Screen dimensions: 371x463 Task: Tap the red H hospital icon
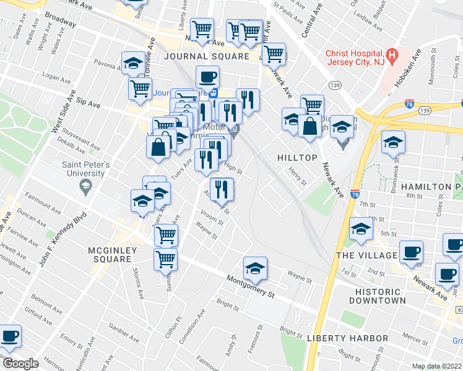(x=391, y=54)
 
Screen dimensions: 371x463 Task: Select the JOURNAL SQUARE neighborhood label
(x=207, y=56)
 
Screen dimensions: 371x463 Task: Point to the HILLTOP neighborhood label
(x=297, y=158)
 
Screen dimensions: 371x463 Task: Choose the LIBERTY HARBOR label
(x=347, y=338)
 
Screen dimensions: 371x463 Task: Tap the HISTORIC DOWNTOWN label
(x=380, y=296)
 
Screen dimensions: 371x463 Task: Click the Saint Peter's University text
(x=86, y=168)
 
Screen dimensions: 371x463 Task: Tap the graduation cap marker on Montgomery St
(x=255, y=268)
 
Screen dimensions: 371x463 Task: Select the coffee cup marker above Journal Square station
(x=207, y=77)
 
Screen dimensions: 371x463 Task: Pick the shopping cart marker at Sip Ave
(x=141, y=88)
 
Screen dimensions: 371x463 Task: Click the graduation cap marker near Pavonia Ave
(x=133, y=62)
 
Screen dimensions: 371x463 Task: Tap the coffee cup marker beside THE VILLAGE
(x=411, y=252)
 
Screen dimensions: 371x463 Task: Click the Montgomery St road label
(x=250, y=286)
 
